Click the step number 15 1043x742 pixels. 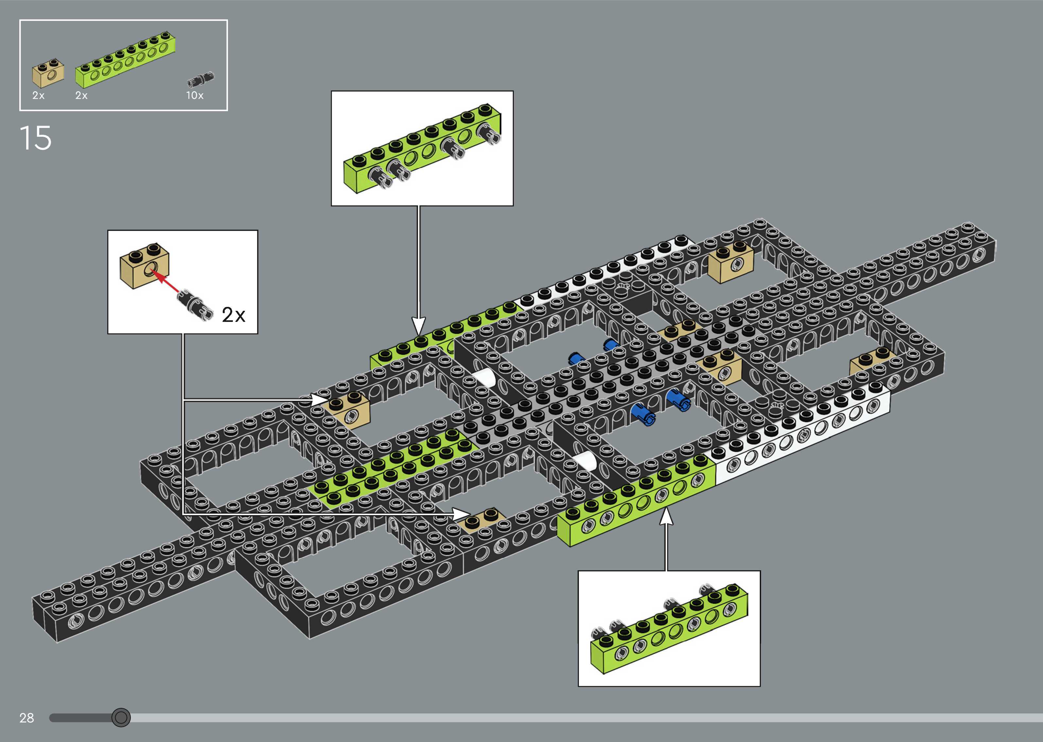pos(35,138)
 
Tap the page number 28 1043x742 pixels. pos(26,718)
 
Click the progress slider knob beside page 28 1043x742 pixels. pos(121,717)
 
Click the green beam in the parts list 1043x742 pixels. pos(125,61)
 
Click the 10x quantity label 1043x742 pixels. pos(195,96)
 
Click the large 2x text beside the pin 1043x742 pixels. pos(233,315)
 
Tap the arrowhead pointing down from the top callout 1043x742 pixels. pos(418,326)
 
